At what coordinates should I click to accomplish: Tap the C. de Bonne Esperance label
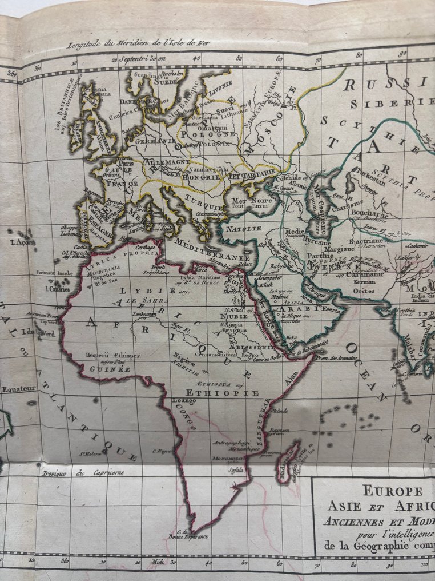pos(188,536)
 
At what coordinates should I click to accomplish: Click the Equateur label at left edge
pos(18,388)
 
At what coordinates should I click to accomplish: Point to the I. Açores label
pos(22,242)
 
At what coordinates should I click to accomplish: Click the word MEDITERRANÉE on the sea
pos(212,247)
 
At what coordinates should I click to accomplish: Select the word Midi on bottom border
pos(158,563)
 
